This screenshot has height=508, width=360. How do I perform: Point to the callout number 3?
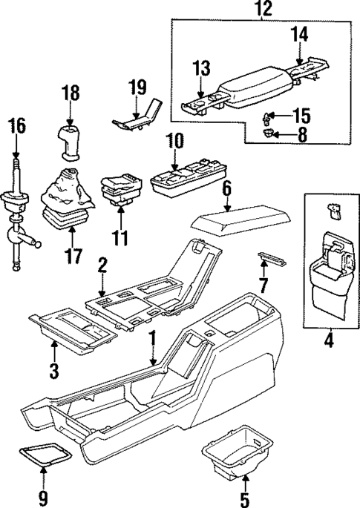point(53,369)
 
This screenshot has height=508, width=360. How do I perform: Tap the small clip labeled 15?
point(269,116)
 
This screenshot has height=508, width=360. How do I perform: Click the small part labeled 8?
point(267,133)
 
